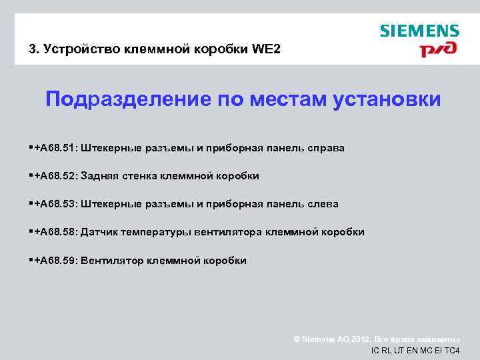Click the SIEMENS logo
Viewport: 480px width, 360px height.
point(419,31)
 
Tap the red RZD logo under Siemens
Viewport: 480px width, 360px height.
point(437,49)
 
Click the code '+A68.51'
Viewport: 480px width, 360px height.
point(56,148)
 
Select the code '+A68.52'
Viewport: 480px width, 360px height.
point(56,176)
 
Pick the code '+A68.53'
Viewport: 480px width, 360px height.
point(56,204)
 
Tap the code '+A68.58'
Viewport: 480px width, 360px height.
point(56,232)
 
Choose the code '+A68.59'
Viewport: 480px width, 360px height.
point(56,261)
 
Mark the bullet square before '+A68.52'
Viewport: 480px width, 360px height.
point(31,175)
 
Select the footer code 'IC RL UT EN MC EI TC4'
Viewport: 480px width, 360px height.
point(415,351)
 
